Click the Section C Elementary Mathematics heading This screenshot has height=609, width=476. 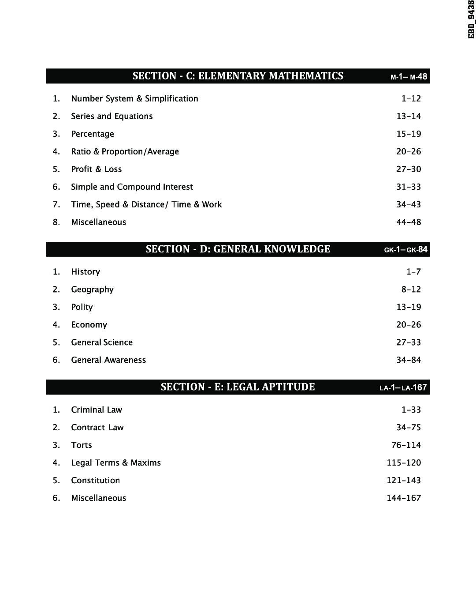click(238, 76)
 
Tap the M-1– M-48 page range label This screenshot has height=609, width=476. click(409, 77)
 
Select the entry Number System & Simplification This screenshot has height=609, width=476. click(134, 98)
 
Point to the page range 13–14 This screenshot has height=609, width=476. click(409, 116)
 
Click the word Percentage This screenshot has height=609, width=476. click(93, 134)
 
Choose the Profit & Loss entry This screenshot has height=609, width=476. click(97, 169)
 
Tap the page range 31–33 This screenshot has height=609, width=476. click(409, 187)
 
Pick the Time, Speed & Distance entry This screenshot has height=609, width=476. click(146, 204)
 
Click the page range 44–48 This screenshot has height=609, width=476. click(409, 222)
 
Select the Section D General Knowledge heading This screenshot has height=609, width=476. click(238, 249)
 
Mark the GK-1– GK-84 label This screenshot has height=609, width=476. click(405, 250)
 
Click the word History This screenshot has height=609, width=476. click(86, 272)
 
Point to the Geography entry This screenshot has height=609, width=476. click(93, 289)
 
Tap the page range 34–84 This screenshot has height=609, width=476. click(409, 360)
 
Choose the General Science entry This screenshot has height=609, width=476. click(102, 342)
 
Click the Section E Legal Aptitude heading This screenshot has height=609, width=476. click(238, 387)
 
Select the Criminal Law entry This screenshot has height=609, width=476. click(97, 410)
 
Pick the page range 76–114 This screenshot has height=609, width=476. click(406, 445)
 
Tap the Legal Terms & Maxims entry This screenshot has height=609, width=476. click(116, 463)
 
